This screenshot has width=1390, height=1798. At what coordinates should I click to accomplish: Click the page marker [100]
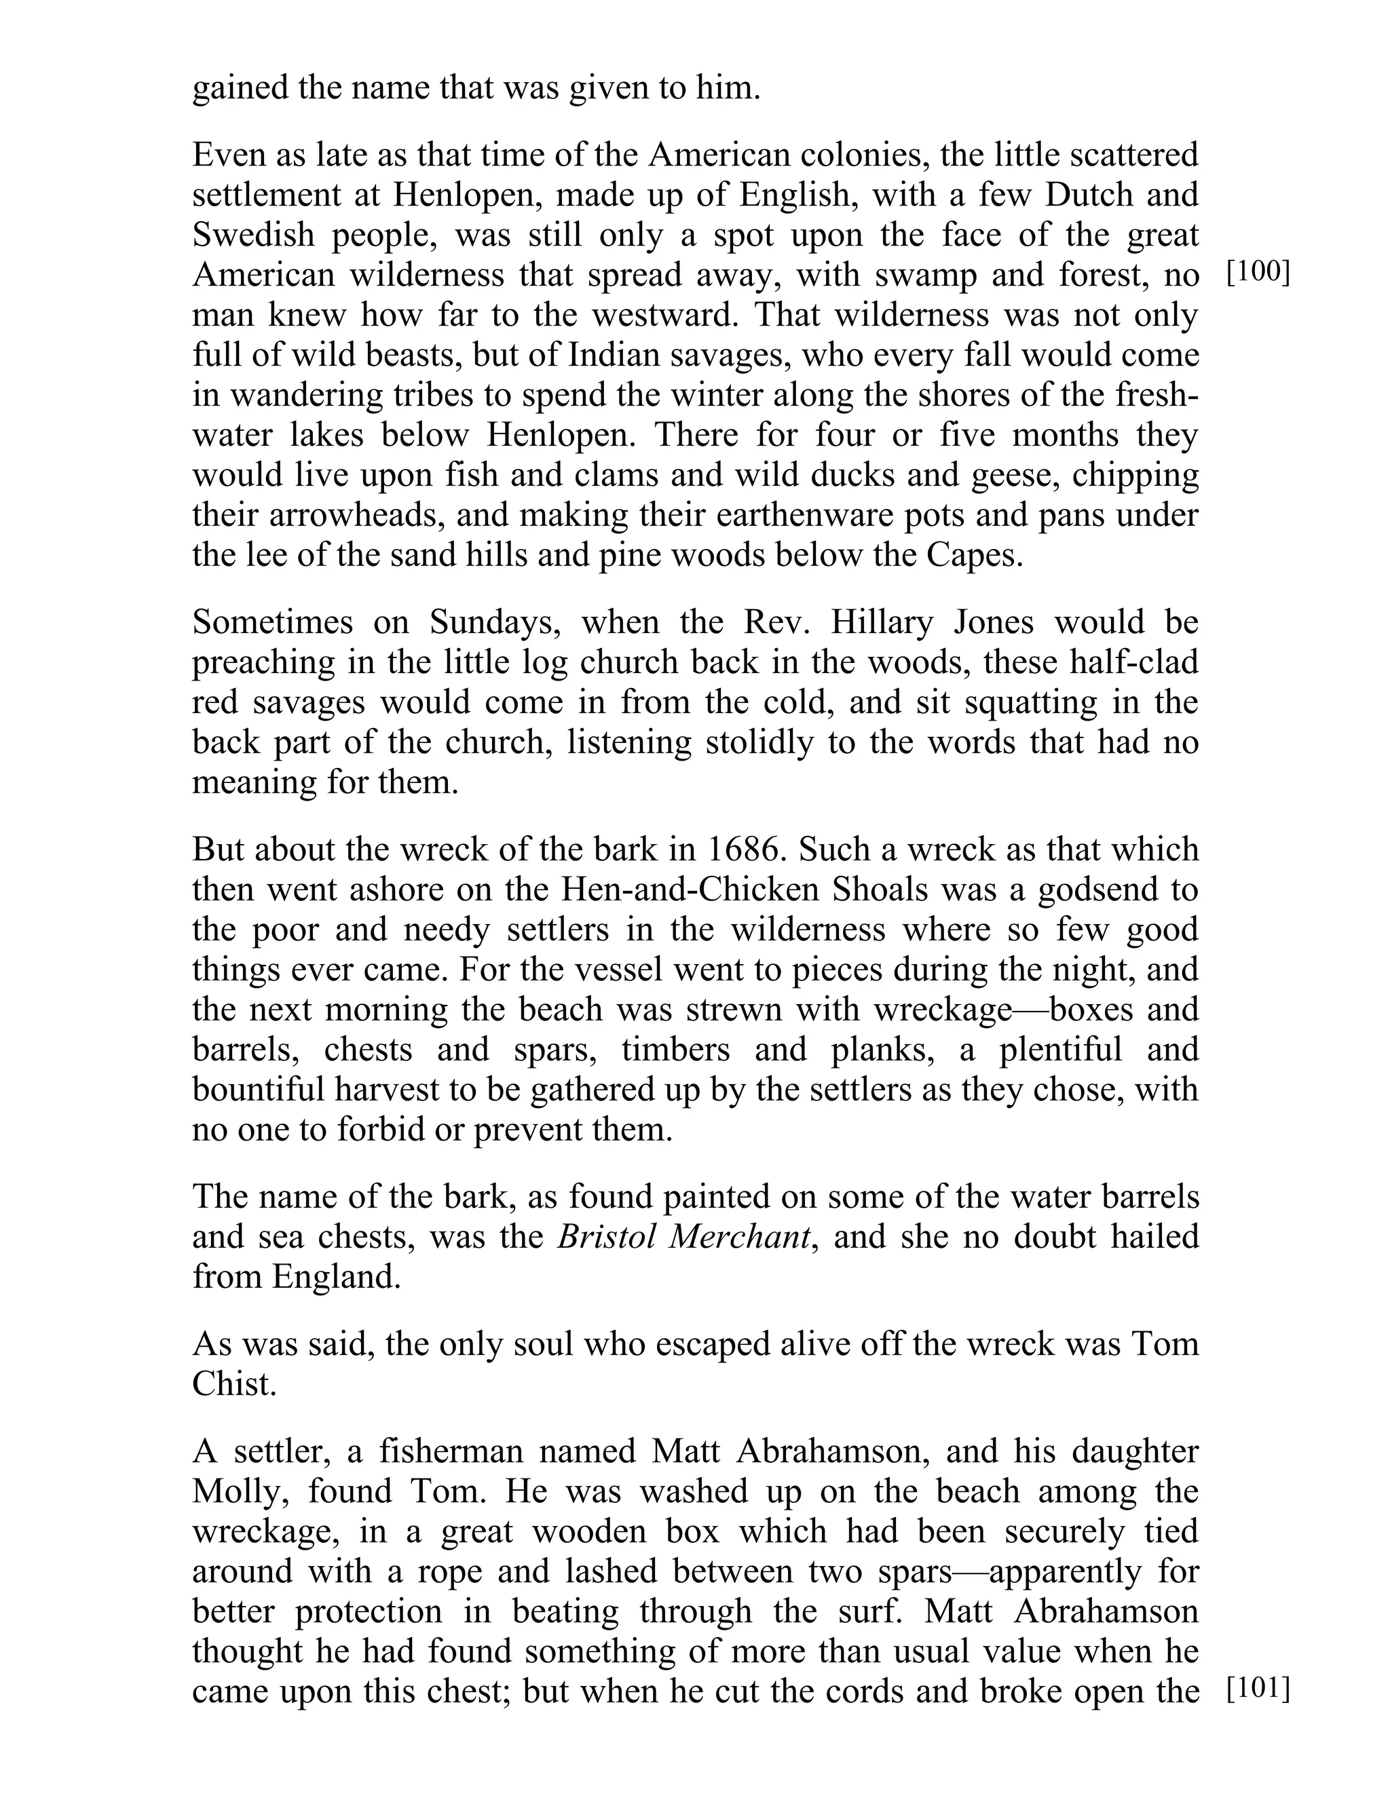(x=1258, y=273)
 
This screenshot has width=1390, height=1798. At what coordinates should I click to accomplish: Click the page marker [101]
(x=1258, y=1689)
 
